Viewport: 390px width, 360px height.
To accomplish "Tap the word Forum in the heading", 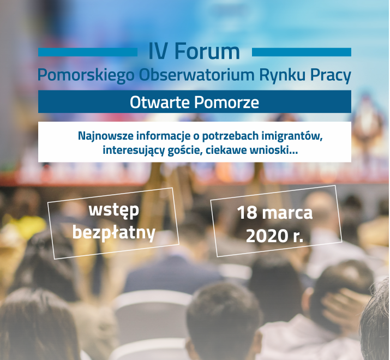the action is click(207, 51).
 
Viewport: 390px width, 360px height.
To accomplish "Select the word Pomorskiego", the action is click(86, 75).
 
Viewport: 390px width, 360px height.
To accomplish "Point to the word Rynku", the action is click(282, 75).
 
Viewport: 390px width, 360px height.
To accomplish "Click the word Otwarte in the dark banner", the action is click(159, 102).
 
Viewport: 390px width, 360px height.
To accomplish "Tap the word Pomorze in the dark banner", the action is click(226, 102).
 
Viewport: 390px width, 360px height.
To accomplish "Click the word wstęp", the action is click(113, 211).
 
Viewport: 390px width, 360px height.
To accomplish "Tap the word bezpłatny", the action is click(114, 233).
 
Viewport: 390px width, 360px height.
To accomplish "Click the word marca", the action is click(287, 213).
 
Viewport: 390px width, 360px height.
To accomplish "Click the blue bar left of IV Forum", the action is click(88, 52).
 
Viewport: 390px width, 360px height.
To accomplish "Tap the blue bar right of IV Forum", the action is click(302, 52).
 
